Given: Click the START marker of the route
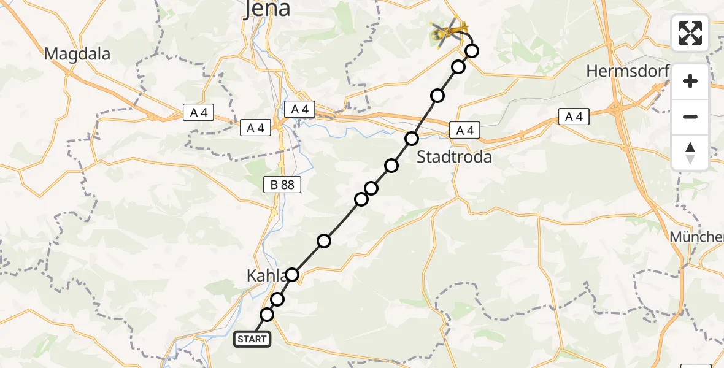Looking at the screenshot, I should pyautogui.click(x=252, y=339).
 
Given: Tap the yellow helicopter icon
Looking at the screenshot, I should pyautogui.click(x=448, y=32).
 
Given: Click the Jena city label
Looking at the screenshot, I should pyautogui.click(x=268, y=10).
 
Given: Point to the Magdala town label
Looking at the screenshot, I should pyautogui.click(x=77, y=54).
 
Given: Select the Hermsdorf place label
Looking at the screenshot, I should pyautogui.click(x=626, y=71).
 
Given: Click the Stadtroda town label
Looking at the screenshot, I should pyautogui.click(x=454, y=157).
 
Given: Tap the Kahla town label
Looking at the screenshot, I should pyautogui.click(x=266, y=276).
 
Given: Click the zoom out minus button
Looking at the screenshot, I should pyautogui.click(x=690, y=117).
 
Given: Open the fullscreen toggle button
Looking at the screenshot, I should pyautogui.click(x=690, y=33).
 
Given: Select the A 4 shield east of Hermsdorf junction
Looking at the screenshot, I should pyautogui.click(x=574, y=117).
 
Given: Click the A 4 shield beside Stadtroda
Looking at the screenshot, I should pyautogui.click(x=464, y=130).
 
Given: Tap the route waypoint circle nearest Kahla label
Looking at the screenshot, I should pyautogui.click(x=293, y=274).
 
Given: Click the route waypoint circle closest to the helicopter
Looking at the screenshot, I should pyautogui.click(x=471, y=51).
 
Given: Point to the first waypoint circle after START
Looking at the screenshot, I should pyautogui.click(x=267, y=315).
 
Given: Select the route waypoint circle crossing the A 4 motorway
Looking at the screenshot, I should pyautogui.click(x=412, y=139).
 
